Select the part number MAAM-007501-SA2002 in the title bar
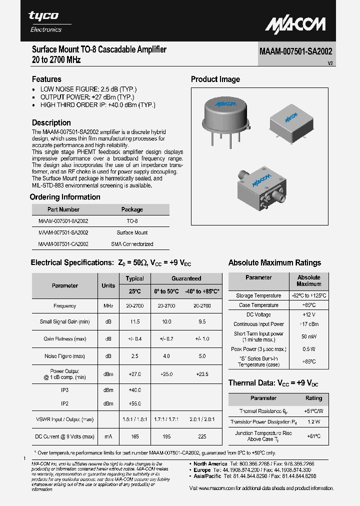pyautogui.click(x=295, y=51)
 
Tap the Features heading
pyautogui.click(x=46, y=79)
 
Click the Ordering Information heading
pyautogui.click(x=65, y=197)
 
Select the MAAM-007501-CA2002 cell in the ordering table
pyautogui.click(x=63, y=244)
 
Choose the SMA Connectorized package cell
pyautogui.click(x=132, y=244)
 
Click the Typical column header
pyautogui.click(x=134, y=278)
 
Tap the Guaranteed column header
pyautogui.click(x=186, y=278)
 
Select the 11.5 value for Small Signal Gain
pyautogui.click(x=134, y=322)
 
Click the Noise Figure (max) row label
pyautogui.click(x=64, y=356)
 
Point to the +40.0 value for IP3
pyautogui.click(x=134, y=390)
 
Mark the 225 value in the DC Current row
pyautogui.click(x=202, y=436)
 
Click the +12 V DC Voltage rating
pyautogui.click(x=308, y=314)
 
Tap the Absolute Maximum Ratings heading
pyautogui.click(x=274, y=262)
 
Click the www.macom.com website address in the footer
pyautogui.click(x=223, y=488)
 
